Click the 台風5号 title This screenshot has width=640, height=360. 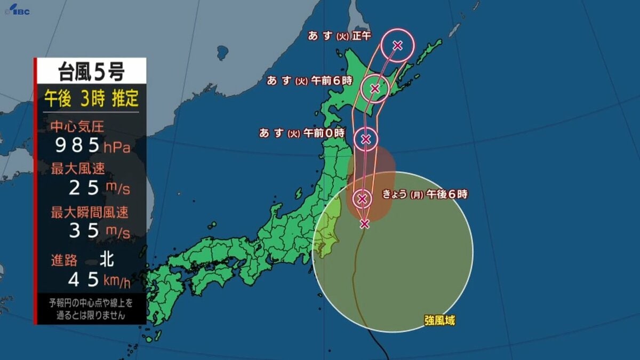[x=91, y=71]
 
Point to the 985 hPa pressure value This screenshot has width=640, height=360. [x=94, y=145]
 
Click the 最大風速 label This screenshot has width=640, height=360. [x=77, y=170]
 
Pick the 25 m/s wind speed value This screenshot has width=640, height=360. [x=99, y=188]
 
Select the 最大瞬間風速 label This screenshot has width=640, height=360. [x=90, y=212]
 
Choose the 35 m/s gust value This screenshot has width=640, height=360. [x=99, y=231]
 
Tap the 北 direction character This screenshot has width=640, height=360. [x=106, y=260]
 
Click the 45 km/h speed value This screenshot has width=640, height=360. [x=99, y=278]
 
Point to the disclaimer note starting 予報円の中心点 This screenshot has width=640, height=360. [x=91, y=309]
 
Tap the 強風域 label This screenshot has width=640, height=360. [x=440, y=321]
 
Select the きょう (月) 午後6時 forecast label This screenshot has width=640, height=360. [x=425, y=195]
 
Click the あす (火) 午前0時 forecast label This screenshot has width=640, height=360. [x=302, y=133]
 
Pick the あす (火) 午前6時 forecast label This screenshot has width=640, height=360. [x=310, y=81]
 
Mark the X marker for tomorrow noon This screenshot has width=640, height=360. [x=397, y=45]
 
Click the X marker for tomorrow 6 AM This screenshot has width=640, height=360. [x=375, y=88]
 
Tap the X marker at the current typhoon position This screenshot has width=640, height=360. [x=364, y=223]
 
